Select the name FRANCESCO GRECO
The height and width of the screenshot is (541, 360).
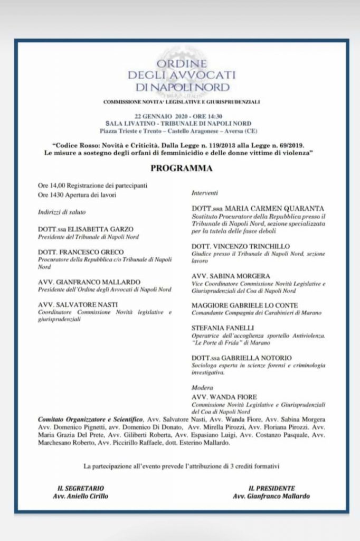point(82,254)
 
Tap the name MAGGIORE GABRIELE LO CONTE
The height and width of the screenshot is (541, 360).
point(245,305)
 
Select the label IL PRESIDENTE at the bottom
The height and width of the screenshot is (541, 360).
point(271,488)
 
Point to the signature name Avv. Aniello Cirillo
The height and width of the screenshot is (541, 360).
point(81,497)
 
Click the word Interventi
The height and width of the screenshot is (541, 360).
point(205,193)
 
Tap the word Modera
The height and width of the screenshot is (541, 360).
point(202,387)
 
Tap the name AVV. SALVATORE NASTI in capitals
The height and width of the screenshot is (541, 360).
point(78,305)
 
